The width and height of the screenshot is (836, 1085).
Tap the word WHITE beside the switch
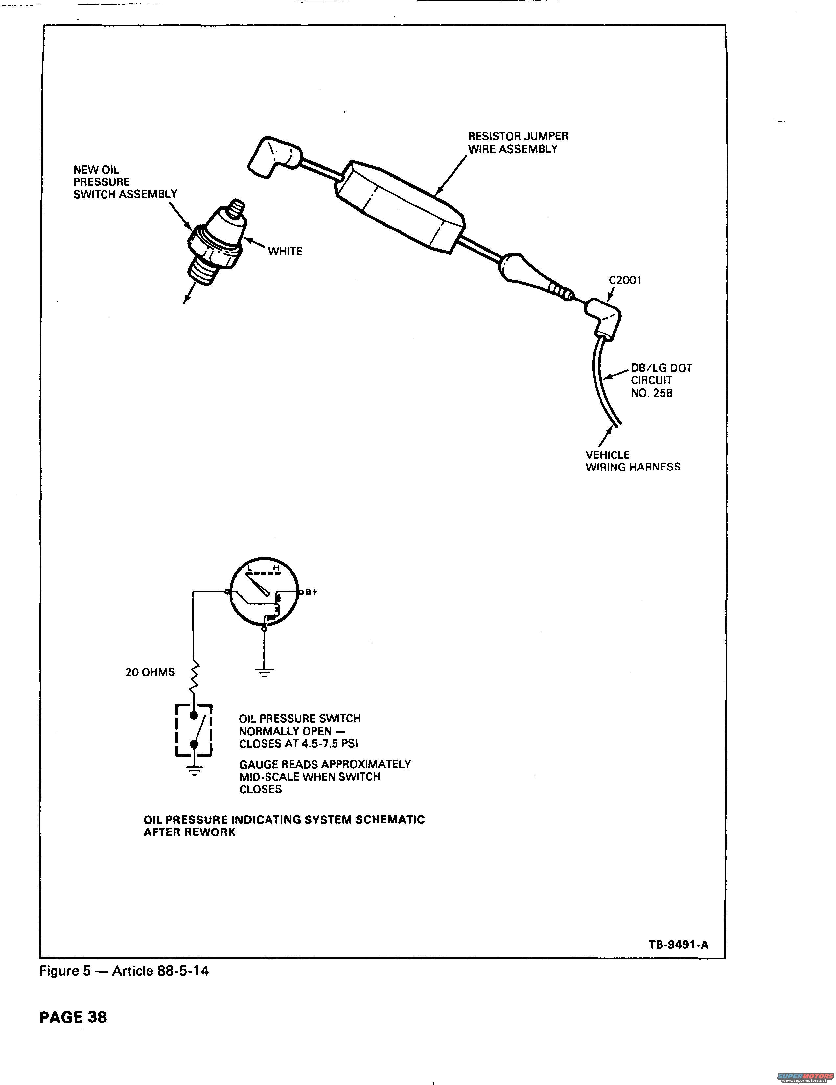coord(285,252)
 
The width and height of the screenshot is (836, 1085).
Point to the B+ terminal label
coord(311,592)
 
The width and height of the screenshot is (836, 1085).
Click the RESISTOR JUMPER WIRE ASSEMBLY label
coord(518,143)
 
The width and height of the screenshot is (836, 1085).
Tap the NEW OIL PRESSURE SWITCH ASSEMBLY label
coord(125,182)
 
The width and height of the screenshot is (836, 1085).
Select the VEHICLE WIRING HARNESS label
coord(633,461)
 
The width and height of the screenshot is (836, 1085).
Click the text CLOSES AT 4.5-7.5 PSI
coord(298,744)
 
